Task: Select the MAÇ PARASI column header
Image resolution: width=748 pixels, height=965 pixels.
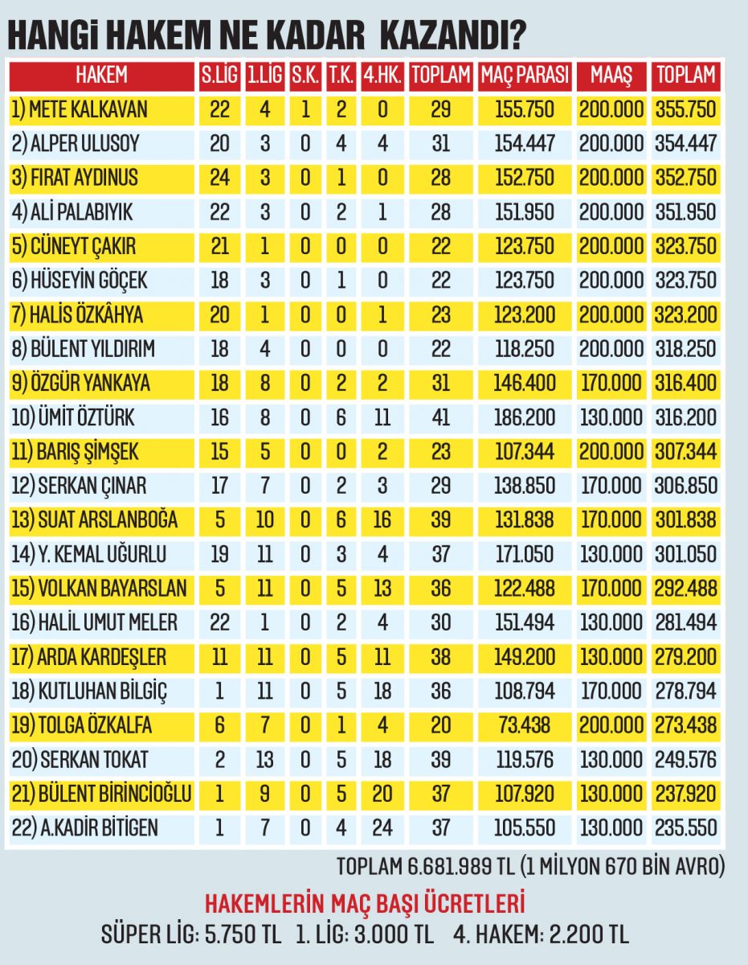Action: (x=525, y=76)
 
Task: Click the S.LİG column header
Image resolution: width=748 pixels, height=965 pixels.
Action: (x=219, y=76)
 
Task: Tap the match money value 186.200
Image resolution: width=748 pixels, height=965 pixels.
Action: (x=525, y=418)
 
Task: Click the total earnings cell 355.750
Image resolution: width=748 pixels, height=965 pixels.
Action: (x=685, y=109)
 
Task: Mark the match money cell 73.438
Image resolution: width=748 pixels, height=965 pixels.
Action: (x=525, y=726)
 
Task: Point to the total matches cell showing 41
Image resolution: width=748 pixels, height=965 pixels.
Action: (x=440, y=418)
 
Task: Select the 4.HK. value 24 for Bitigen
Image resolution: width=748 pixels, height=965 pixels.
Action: (x=382, y=828)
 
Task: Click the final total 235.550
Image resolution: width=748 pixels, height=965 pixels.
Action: (x=685, y=828)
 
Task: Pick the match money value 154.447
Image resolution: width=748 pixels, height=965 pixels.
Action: (x=525, y=144)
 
